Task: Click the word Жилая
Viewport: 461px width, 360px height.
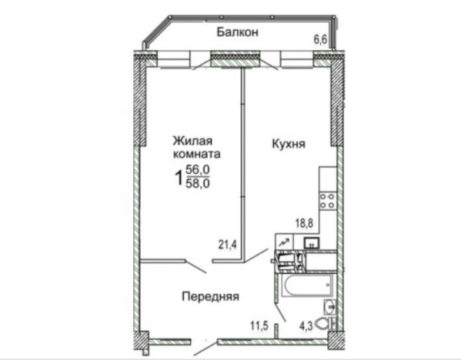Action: [190, 140]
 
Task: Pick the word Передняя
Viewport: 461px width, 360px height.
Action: [210, 295]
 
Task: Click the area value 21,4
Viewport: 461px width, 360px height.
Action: [226, 245]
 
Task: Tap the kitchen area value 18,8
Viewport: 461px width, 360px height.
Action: [305, 223]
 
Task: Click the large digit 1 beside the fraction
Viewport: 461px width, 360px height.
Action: [179, 178]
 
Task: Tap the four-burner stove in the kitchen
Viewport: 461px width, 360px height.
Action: [327, 201]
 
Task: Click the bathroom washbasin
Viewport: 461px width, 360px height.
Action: [329, 308]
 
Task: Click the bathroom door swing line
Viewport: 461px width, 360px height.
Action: [280, 314]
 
